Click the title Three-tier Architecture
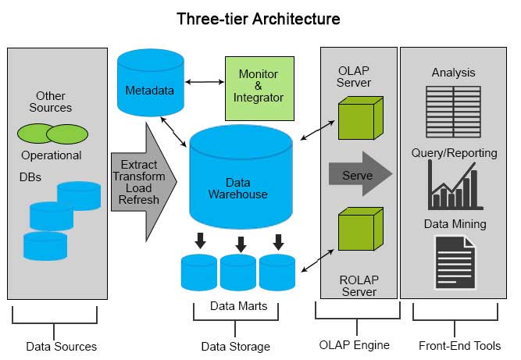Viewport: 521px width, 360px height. pos(258,17)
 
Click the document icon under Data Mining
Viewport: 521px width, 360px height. pos(454,262)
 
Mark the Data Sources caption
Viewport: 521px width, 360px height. pos(61,346)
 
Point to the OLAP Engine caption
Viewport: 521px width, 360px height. pos(354,344)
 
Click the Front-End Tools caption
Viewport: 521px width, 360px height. pos(460,345)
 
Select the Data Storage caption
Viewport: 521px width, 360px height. pos(235,346)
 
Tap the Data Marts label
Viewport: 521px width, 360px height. pos(238,306)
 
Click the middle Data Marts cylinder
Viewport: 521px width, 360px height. pos(238,273)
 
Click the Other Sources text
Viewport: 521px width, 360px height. pos(54,102)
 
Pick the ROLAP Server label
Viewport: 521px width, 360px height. pos(359,286)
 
